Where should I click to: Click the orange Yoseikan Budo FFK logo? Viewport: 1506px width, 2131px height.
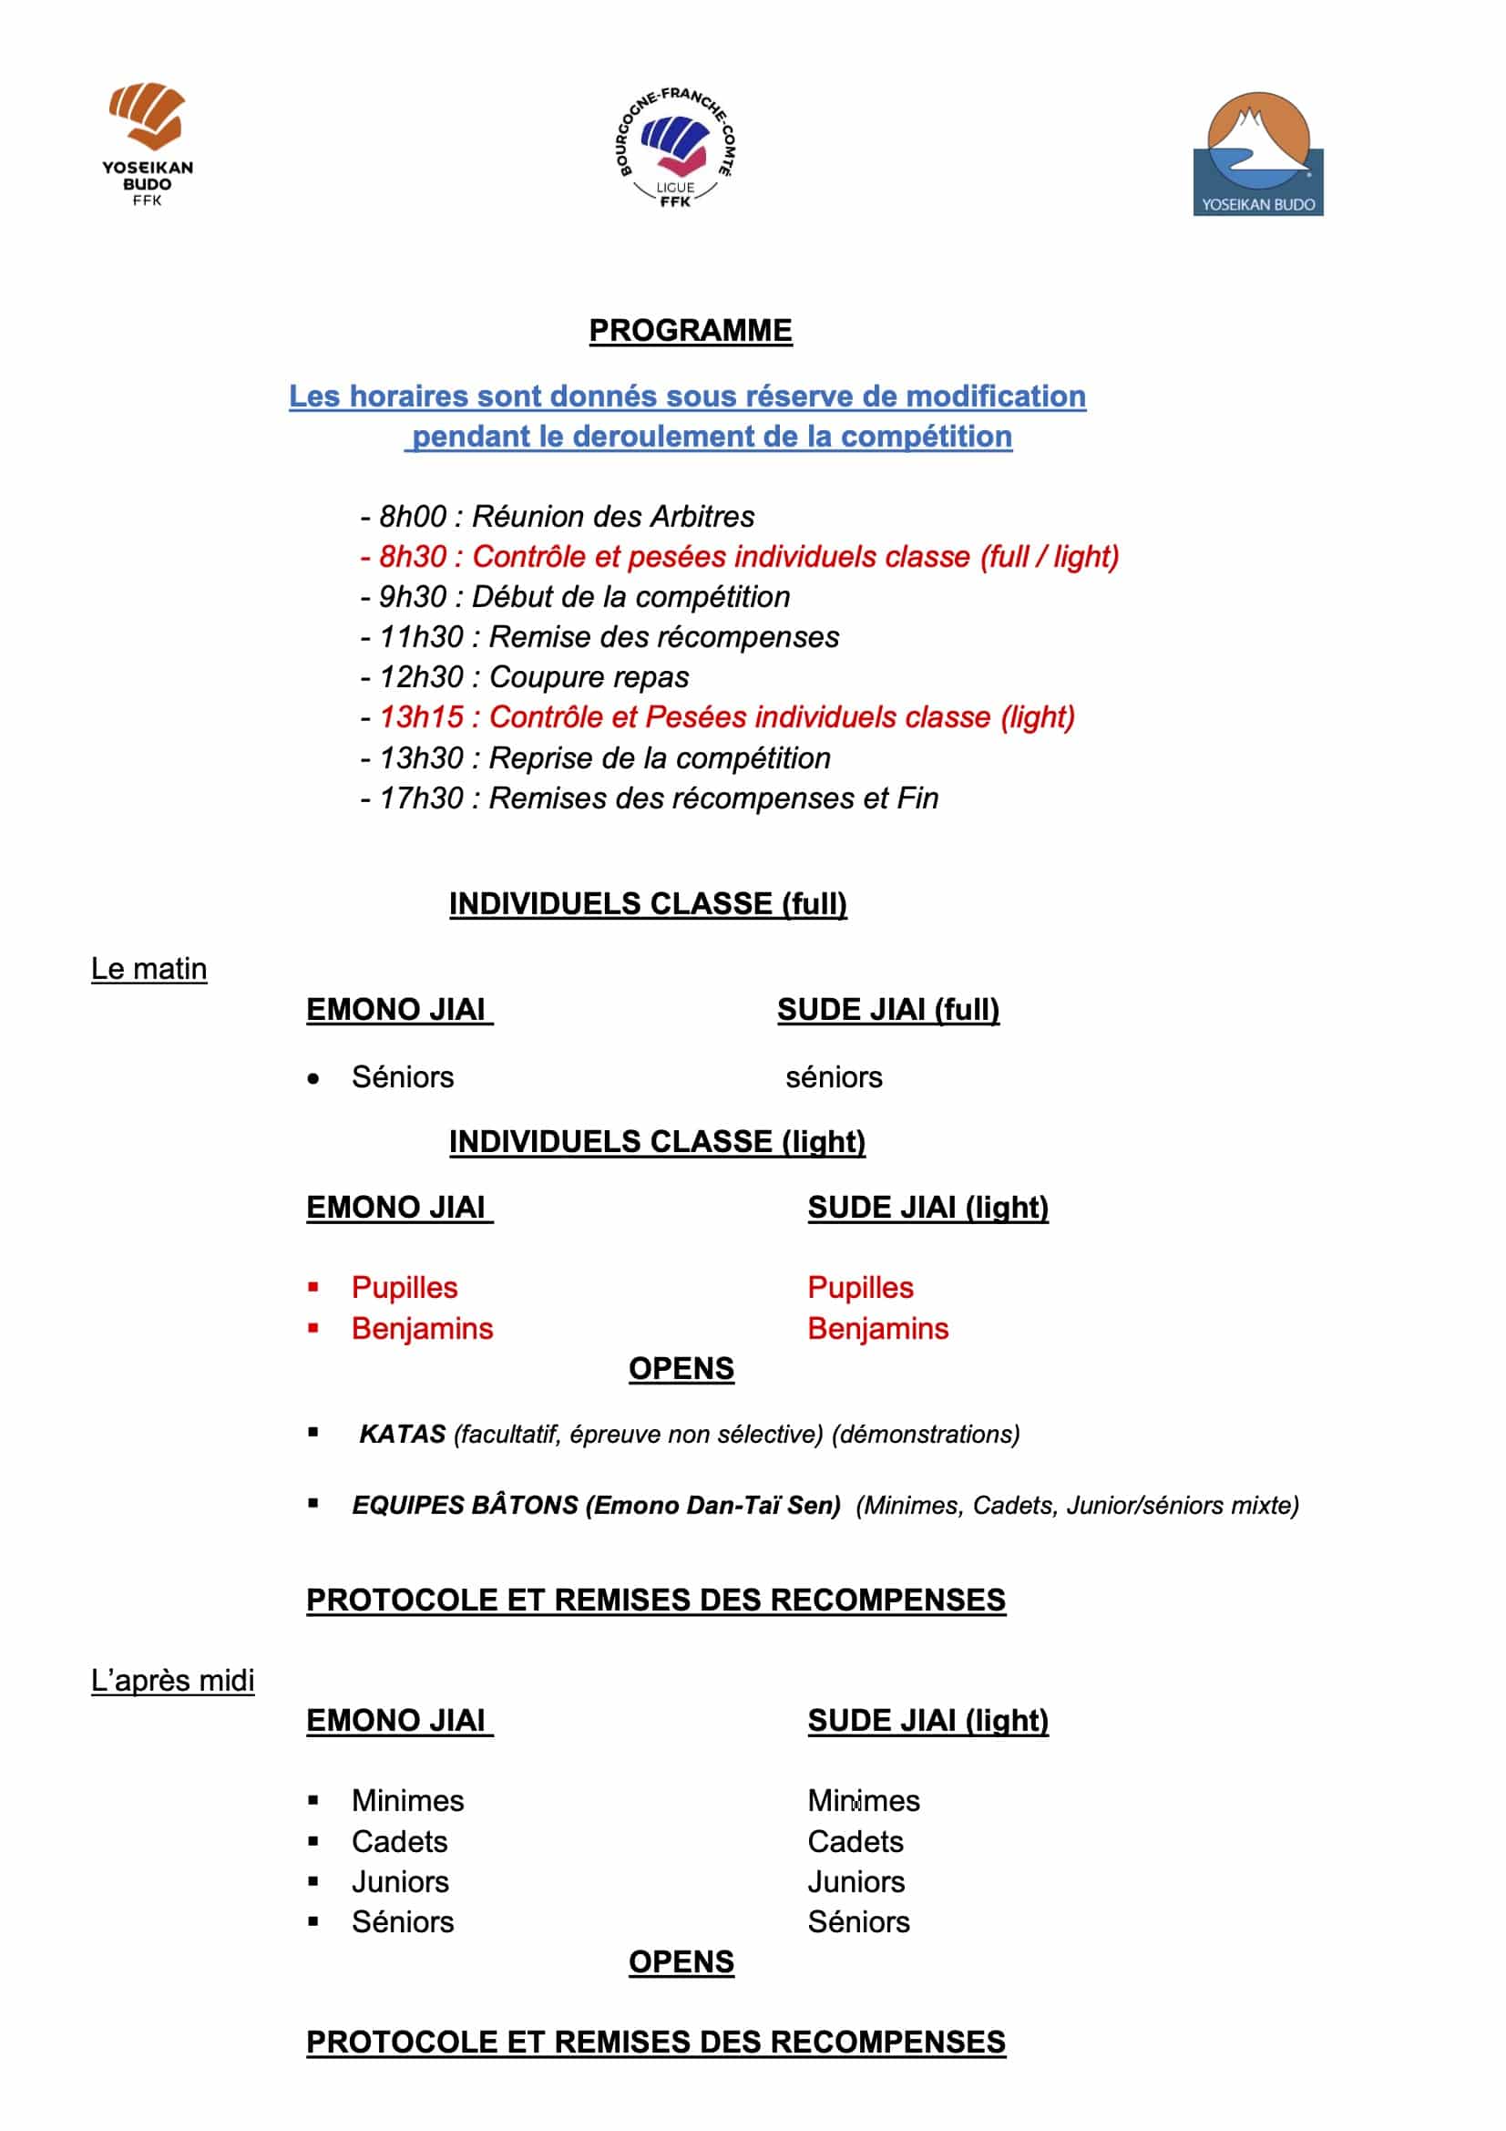148,141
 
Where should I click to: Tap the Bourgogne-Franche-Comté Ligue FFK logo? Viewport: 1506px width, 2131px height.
676,147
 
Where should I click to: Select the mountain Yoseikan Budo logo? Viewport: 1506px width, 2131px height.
1257,154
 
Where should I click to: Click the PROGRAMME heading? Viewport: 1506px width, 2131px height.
691,331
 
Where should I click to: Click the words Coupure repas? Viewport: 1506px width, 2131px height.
589,676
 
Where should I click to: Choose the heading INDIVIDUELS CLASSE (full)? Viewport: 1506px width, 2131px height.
648,903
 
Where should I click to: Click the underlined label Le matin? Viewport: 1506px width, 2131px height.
149,968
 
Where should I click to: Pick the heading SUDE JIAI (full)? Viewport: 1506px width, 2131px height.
888,1009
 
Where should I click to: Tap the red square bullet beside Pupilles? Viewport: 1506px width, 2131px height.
313,1287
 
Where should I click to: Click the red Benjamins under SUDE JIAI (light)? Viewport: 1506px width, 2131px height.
877,1328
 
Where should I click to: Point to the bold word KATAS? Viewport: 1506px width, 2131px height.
403,1434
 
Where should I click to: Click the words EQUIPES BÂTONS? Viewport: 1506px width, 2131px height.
466,1505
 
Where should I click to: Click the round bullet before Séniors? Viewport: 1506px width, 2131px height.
313,1078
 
